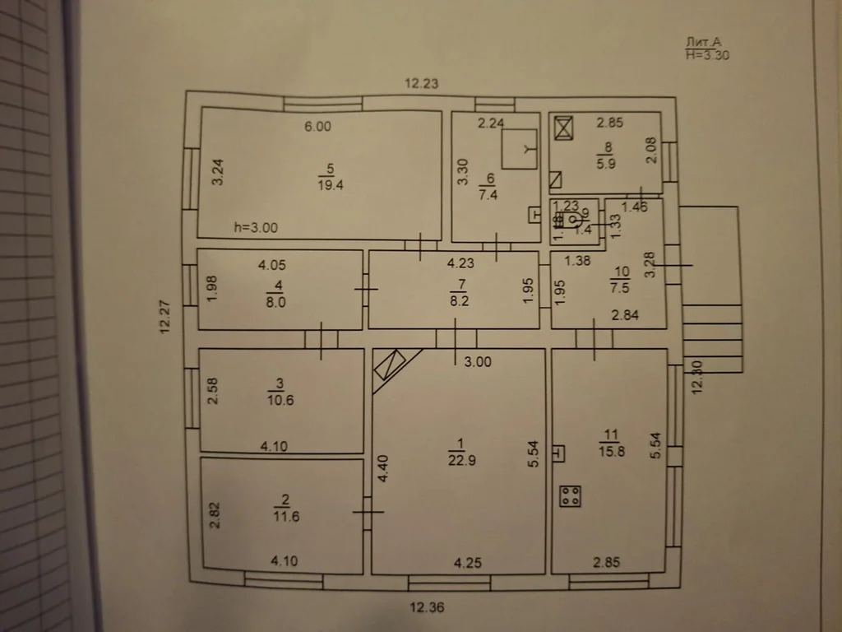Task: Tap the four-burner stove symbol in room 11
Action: (571, 496)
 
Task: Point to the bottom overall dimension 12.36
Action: (427, 608)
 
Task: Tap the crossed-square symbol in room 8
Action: (564, 128)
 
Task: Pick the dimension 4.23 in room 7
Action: (461, 265)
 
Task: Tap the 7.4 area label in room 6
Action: (488, 195)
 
